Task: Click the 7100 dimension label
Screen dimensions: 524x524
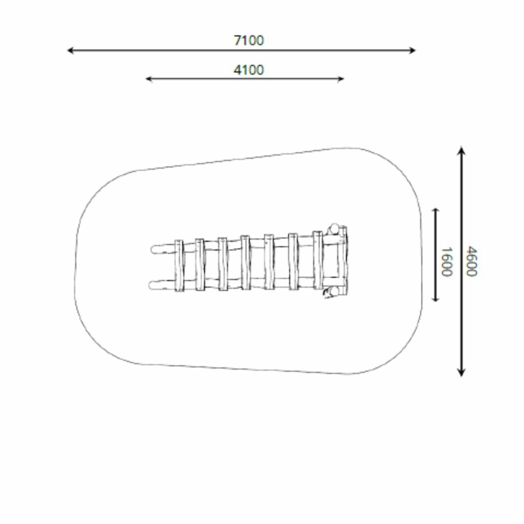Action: [249, 40]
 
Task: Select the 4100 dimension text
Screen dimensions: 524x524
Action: [249, 70]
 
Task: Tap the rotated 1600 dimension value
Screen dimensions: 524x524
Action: [447, 261]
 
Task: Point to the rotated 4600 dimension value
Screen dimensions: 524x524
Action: [471, 261]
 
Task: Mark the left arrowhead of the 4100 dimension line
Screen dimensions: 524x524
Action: [147, 79]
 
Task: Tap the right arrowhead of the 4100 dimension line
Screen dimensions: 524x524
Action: [342, 79]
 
